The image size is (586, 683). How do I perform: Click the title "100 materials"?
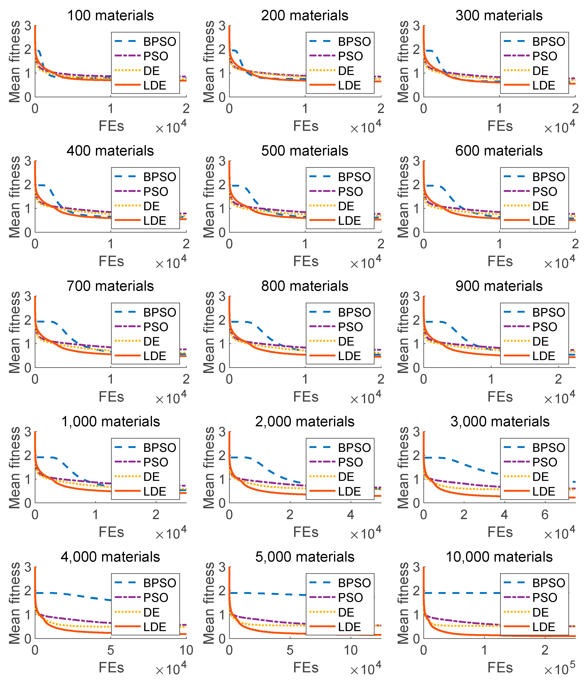click(x=110, y=16)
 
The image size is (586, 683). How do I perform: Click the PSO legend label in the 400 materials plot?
click(x=156, y=191)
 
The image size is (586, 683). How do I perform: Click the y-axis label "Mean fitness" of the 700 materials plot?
click(x=15, y=332)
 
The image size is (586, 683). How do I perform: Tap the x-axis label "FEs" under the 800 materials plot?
click(x=306, y=396)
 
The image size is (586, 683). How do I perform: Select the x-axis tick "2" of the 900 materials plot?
click(x=558, y=379)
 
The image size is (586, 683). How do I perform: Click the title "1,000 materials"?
click(x=110, y=422)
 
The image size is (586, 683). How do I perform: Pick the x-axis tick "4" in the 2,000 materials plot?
click(x=350, y=515)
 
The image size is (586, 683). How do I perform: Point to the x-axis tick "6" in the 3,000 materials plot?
click(x=545, y=515)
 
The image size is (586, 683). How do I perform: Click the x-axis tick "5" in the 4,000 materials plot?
click(x=110, y=650)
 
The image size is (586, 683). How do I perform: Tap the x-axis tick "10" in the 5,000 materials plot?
click(x=351, y=650)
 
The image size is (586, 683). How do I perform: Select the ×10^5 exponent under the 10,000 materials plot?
click(x=559, y=669)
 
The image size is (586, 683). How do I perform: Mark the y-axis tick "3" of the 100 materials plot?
click(x=28, y=26)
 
